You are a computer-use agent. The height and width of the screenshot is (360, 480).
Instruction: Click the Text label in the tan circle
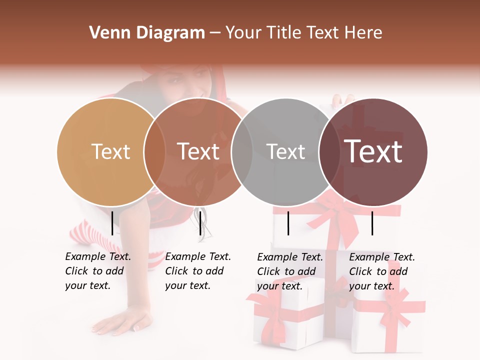pos(111,151)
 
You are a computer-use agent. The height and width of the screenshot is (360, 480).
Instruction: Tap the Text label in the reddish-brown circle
pos(198,151)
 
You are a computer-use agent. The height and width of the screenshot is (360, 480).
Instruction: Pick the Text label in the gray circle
pos(286,151)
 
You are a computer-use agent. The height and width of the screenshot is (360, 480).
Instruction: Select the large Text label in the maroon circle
pos(373,151)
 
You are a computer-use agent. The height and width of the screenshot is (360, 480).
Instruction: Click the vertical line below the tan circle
pos(112,223)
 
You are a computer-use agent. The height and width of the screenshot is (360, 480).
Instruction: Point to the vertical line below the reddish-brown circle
pos(200,223)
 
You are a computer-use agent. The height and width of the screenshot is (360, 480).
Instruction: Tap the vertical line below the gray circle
pos(288,223)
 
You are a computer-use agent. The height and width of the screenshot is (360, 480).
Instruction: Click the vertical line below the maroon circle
pos(372,223)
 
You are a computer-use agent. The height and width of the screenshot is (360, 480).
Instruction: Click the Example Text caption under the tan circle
pos(97,271)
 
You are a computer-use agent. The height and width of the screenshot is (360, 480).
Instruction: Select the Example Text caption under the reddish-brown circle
pos(197,271)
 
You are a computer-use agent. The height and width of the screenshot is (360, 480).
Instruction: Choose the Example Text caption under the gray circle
pos(289,271)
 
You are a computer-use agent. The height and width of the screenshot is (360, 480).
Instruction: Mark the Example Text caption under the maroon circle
pos(381,271)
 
